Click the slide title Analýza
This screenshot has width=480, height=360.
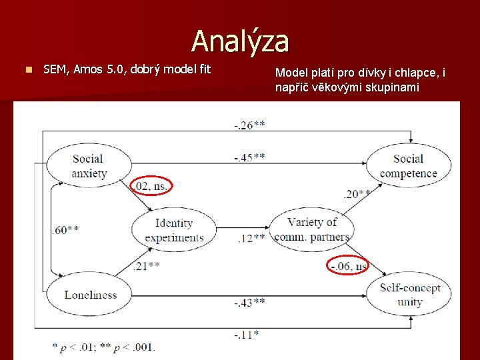[x=240, y=41]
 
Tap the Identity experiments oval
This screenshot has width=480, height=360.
[x=174, y=231]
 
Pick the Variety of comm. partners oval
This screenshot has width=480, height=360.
[x=311, y=229]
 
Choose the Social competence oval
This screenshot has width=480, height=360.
[x=408, y=167]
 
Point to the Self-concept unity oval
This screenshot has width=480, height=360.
[x=409, y=295]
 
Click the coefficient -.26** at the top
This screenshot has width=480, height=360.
[x=249, y=124]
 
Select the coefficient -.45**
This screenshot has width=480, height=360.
[x=249, y=157]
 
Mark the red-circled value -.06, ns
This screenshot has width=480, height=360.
[x=348, y=266]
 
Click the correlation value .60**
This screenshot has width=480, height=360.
[x=65, y=230]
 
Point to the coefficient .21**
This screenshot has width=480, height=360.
[x=145, y=267]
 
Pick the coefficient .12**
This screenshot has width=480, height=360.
[x=251, y=238]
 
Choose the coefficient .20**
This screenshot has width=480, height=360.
[x=357, y=195]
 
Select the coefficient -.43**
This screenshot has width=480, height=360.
[x=249, y=303]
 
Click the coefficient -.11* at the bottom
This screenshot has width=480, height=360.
[x=247, y=335]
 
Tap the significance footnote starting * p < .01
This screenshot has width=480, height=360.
[x=103, y=347]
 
